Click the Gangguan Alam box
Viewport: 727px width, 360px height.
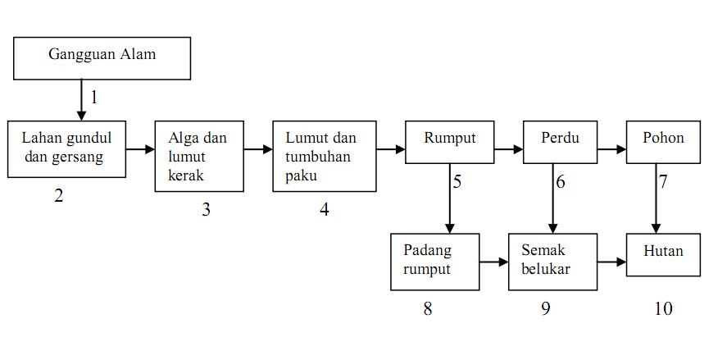(x=102, y=57)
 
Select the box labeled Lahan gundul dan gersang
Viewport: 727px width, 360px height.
(x=67, y=148)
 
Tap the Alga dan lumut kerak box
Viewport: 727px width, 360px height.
(x=199, y=156)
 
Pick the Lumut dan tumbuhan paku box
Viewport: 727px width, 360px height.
(x=325, y=156)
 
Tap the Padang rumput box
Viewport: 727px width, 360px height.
(x=435, y=262)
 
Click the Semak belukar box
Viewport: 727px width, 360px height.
(x=552, y=262)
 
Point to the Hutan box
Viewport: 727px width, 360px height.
(x=663, y=254)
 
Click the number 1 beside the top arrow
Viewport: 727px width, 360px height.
(x=94, y=98)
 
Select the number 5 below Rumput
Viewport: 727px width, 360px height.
(x=457, y=182)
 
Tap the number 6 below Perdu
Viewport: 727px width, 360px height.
(x=561, y=182)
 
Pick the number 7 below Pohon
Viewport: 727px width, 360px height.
(x=663, y=182)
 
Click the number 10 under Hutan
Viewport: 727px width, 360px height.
(x=663, y=309)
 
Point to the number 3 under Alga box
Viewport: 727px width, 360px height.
(x=207, y=210)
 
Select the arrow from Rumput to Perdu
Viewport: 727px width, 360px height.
(x=507, y=149)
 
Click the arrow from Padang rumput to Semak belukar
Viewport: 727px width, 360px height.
(x=494, y=262)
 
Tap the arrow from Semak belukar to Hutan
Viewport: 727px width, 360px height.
(x=611, y=262)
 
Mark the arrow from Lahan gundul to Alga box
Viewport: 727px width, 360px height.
(x=140, y=149)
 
